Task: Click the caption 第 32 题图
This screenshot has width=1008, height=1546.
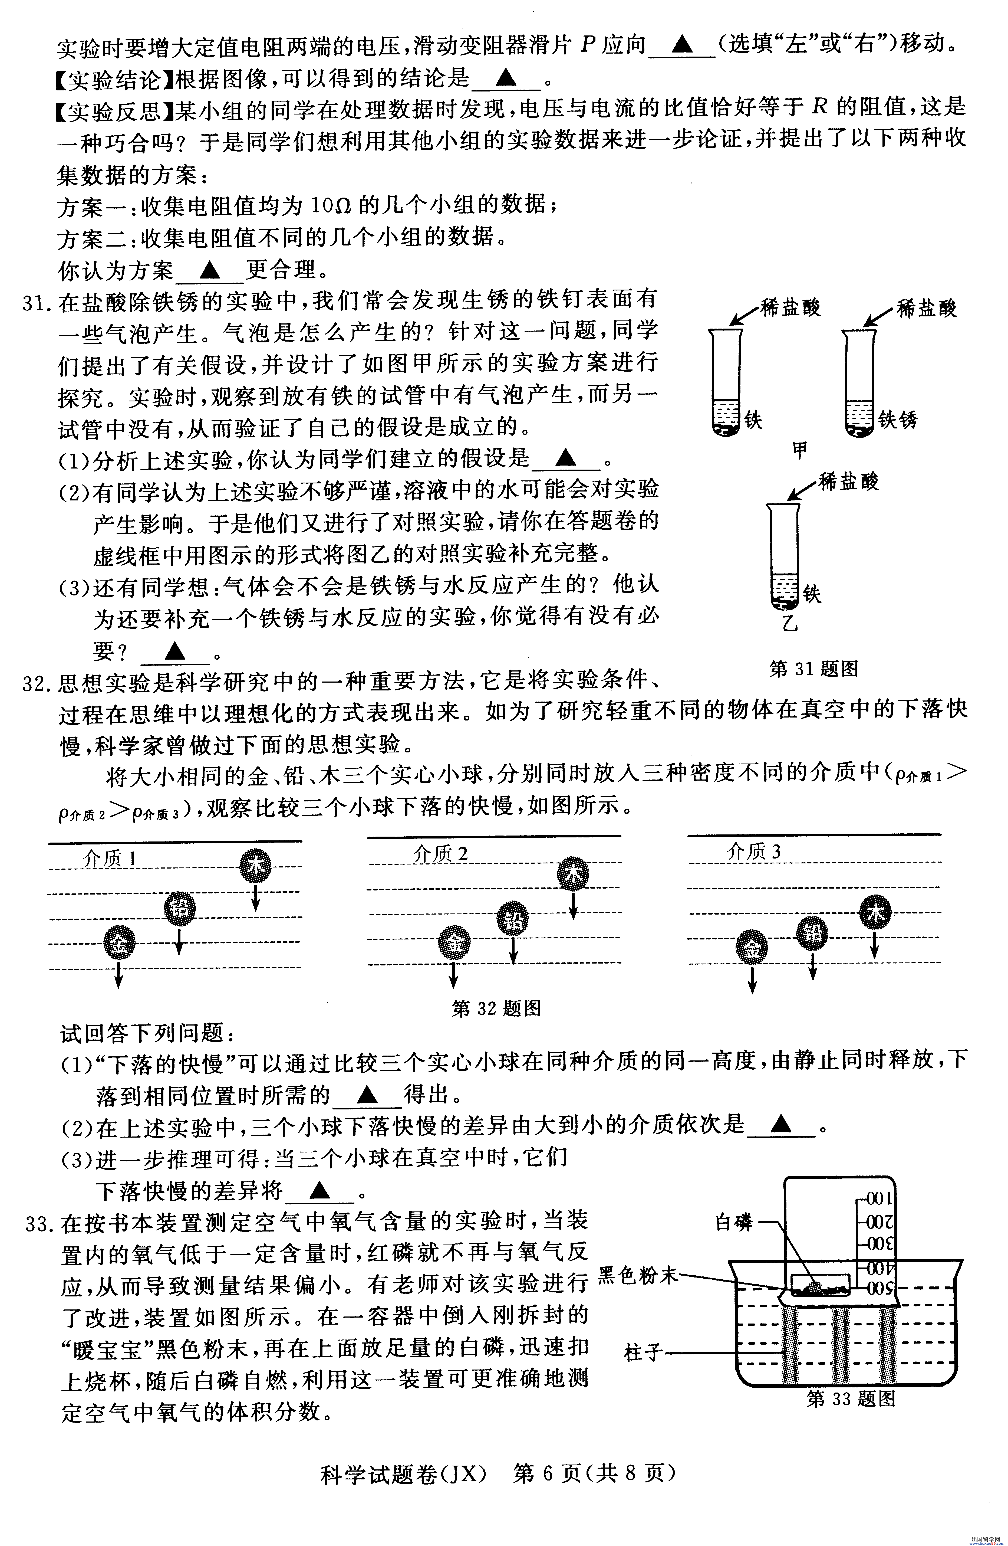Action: [496, 1008]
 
